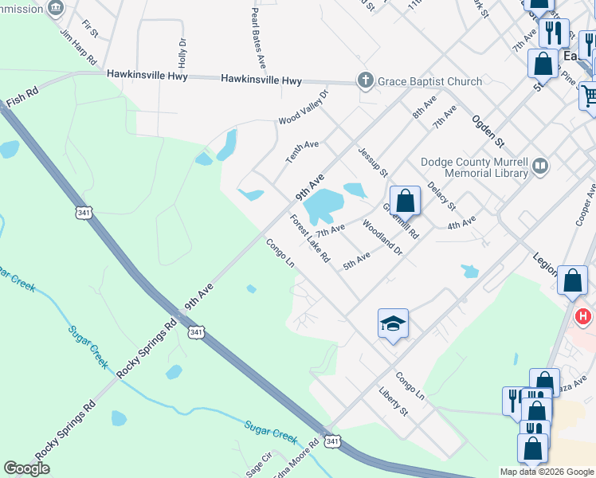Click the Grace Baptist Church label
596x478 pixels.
(x=429, y=81)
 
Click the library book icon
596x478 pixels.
(x=541, y=167)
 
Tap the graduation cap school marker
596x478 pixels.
(x=393, y=323)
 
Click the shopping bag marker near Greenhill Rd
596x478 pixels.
(x=405, y=201)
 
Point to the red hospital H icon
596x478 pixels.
(x=584, y=317)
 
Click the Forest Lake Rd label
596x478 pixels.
(x=310, y=239)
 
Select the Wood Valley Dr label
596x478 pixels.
(x=303, y=109)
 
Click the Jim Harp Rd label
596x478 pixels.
(x=78, y=49)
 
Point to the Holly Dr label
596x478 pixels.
(x=182, y=53)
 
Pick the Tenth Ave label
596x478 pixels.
(x=302, y=152)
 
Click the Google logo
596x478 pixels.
(x=27, y=468)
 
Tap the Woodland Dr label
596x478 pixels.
(x=384, y=237)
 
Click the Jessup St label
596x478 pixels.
(x=372, y=162)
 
